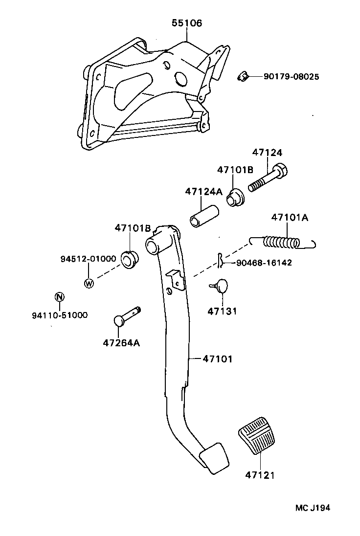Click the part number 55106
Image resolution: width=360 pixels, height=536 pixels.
pyautogui.click(x=186, y=23)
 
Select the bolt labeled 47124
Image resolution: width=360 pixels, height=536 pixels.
pyautogui.click(x=268, y=179)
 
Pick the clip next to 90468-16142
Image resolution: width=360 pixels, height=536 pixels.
pyautogui.click(x=221, y=262)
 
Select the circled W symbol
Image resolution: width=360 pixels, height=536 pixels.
pyautogui.click(x=89, y=283)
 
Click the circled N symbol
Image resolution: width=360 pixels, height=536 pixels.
pyautogui.click(x=59, y=297)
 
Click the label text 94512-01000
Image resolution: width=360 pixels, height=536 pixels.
pyautogui.click(x=88, y=259)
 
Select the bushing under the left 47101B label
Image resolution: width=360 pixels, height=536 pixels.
pyautogui.click(x=129, y=259)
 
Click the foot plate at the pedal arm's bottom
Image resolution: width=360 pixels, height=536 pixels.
pyautogui.click(x=214, y=457)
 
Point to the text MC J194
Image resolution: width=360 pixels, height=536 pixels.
pyautogui.click(x=312, y=508)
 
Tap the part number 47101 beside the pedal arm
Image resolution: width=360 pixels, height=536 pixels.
pyautogui.click(x=217, y=359)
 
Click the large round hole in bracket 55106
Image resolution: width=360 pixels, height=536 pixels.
pyautogui.click(x=180, y=78)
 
